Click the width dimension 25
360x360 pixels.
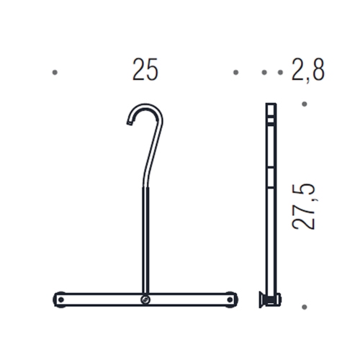click(x=145, y=71)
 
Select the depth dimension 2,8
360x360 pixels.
click(x=308, y=71)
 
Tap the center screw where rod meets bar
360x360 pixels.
click(x=146, y=299)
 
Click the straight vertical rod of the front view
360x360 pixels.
click(x=146, y=238)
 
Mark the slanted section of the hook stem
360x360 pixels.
click(x=154, y=151)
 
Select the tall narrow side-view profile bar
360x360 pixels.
click(x=270, y=202)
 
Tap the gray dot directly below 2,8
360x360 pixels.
click(x=304, y=104)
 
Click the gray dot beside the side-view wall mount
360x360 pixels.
click(x=304, y=307)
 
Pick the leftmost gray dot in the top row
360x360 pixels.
click(x=55, y=73)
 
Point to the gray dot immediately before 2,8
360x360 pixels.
click(x=280, y=73)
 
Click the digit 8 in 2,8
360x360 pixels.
click(x=318, y=71)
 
